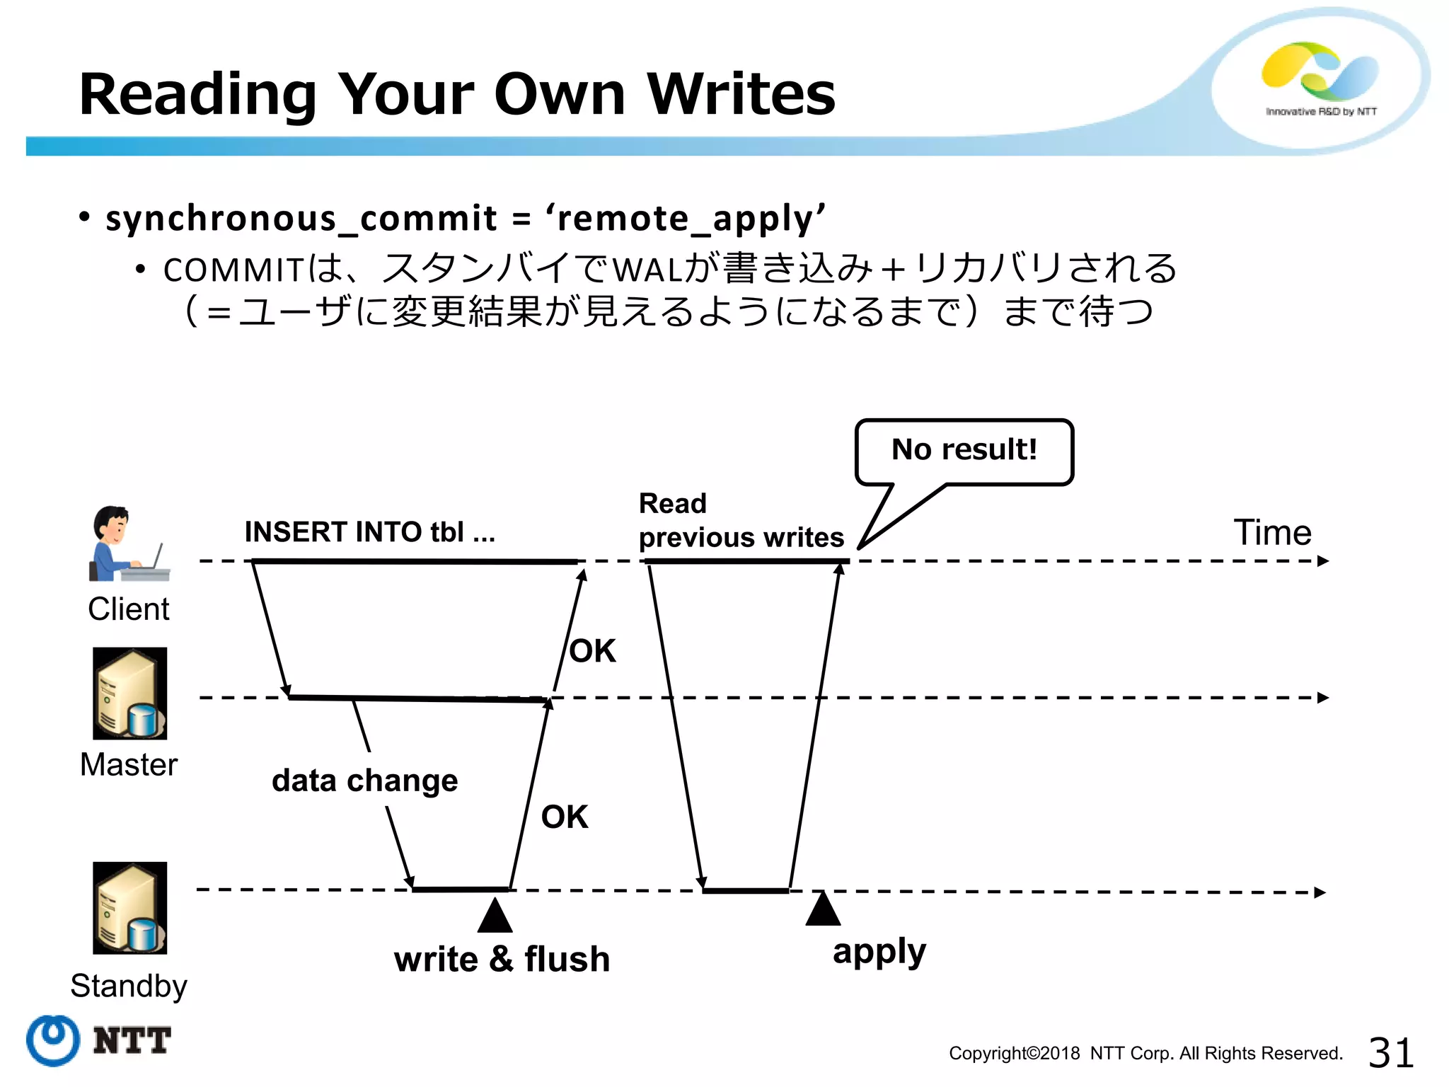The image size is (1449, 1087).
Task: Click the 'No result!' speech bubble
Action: (x=964, y=451)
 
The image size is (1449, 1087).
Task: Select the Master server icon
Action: (x=130, y=694)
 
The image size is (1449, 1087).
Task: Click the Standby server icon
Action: (x=130, y=908)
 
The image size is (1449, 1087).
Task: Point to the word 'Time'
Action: (x=1272, y=532)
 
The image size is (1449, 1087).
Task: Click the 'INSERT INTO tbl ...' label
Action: (x=369, y=532)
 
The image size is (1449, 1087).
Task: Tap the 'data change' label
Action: (x=364, y=781)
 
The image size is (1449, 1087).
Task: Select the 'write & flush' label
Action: (x=502, y=960)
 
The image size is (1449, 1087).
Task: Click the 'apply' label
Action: (x=879, y=953)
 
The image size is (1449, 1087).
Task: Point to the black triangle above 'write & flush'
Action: (x=495, y=916)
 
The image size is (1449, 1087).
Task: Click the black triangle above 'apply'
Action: (x=823, y=909)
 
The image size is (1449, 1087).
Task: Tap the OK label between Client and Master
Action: (x=593, y=651)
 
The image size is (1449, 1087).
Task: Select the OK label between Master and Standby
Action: (x=565, y=817)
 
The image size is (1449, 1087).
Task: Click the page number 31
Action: (x=1390, y=1052)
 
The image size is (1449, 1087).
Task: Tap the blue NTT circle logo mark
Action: (x=53, y=1040)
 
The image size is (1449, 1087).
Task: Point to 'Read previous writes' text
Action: (x=741, y=521)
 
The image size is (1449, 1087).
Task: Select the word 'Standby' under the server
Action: (x=129, y=986)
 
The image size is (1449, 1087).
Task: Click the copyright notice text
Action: (x=1145, y=1054)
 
